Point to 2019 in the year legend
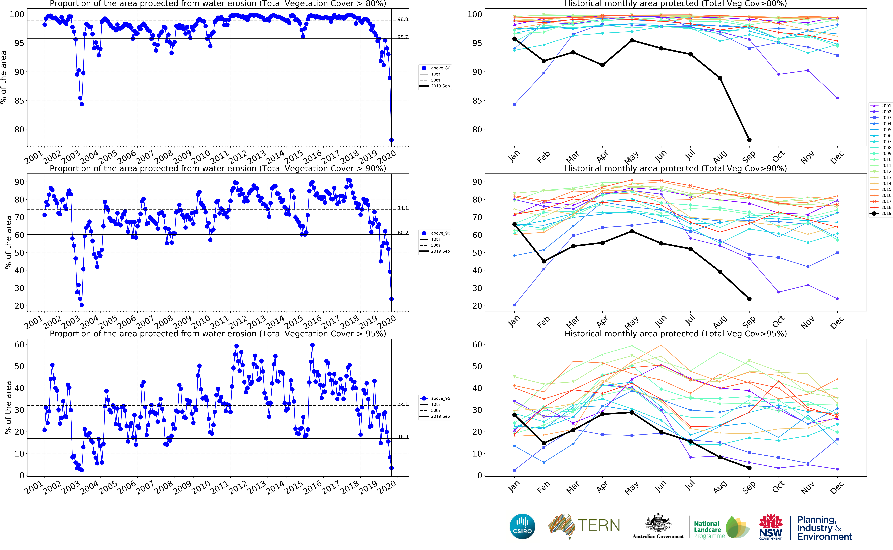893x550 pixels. coord(886,213)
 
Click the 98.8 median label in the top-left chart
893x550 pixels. coord(402,19)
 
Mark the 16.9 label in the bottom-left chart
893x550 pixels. coord(402,436)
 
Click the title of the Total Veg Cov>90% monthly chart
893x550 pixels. coord(675,168)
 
